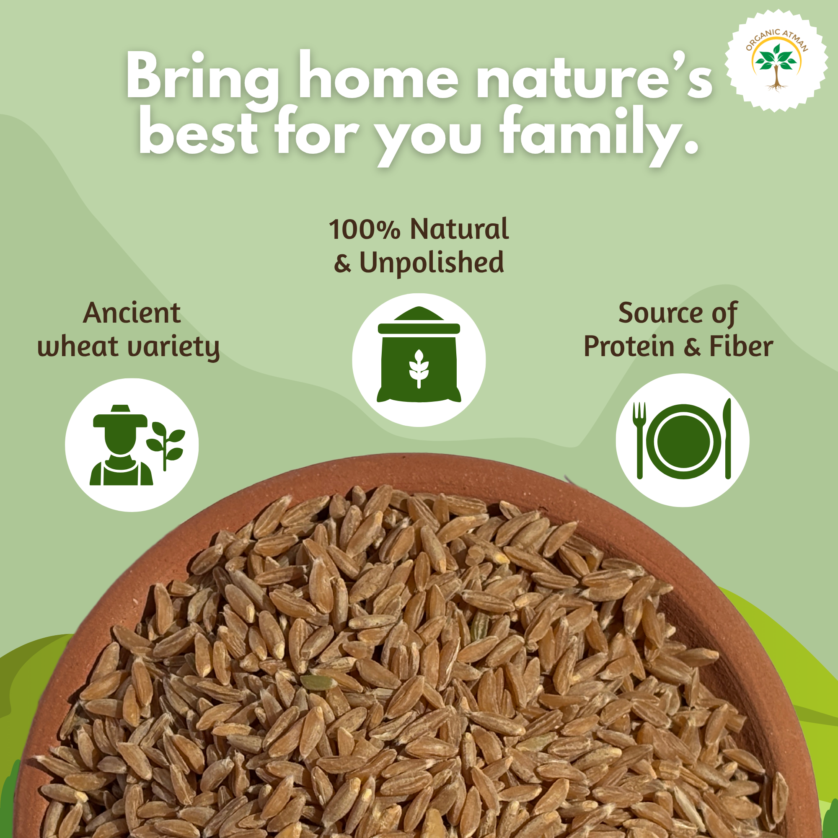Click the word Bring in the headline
pyautogui.click(x=202, y=78)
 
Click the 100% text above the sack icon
pyautogui.click(x=364, y=230)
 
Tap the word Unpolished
pyautogui.click(x=432, y=263)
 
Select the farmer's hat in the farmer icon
pyautogui.click(x=120, y=417)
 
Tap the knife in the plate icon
pyautogui.click(x=727, y=439)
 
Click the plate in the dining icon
pyautogui.click(x=683, y=442)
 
